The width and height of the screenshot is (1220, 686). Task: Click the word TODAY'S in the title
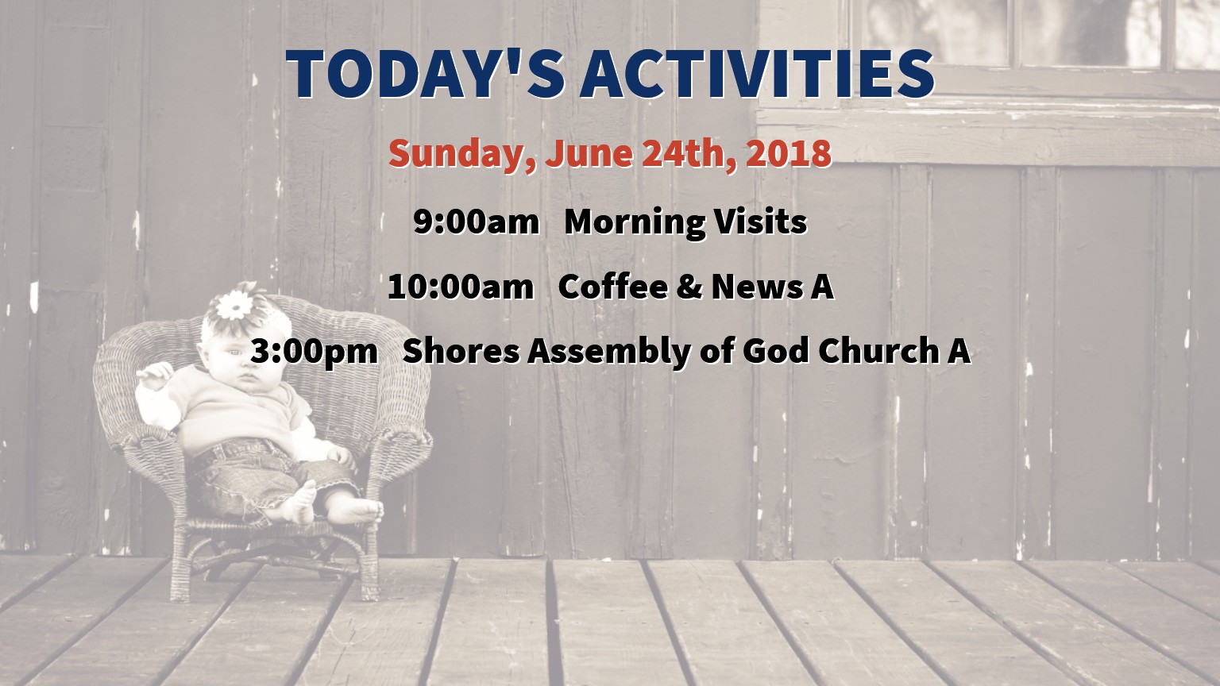tap(426, 74)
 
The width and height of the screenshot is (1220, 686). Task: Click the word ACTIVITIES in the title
tap(757, 74)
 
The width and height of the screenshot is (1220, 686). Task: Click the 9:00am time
tap(476, 222)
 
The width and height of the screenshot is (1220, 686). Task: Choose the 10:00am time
tap(461, 287)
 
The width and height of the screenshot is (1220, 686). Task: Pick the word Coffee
tap(613, 286)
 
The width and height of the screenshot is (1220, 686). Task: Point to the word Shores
tap(461, 351)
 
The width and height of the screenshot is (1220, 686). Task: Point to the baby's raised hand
tap(154, 375)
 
